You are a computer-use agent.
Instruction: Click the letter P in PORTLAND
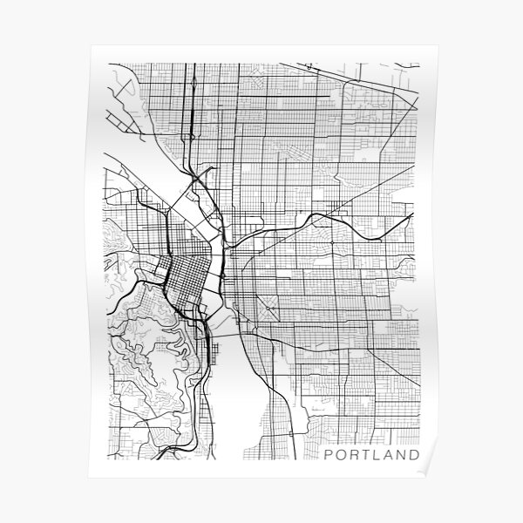327,454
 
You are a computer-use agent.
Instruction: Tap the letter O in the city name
340,454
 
